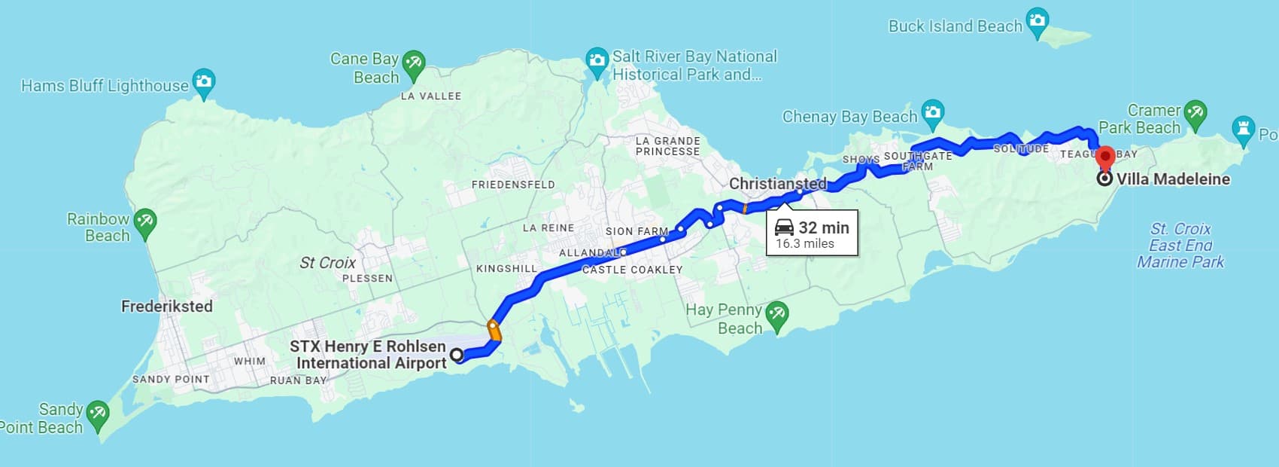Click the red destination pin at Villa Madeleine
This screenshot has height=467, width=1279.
coord(1104,159)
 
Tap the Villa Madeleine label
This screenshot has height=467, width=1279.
coord(1173,179)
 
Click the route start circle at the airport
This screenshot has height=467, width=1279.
coord(457,355)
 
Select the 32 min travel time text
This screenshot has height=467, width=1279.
coord(824,227)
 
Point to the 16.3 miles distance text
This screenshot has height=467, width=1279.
coord(805,243)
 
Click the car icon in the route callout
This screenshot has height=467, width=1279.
coord(785,227)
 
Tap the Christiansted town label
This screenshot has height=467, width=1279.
coord(777,184)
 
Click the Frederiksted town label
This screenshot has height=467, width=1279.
coord(167,307)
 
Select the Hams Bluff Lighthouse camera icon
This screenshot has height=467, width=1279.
coord(204,81)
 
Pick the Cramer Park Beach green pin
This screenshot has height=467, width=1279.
coord(1195,113)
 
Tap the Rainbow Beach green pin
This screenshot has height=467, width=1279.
coord(144,221)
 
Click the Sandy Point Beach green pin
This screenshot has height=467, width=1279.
coord(98,414)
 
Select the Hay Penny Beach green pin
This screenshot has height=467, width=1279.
coord(776,314)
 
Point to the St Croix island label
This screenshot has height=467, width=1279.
coord(327,263)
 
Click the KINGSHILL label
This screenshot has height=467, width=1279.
coord(506,269)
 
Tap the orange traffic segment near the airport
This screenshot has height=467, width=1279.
coord(494,331)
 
